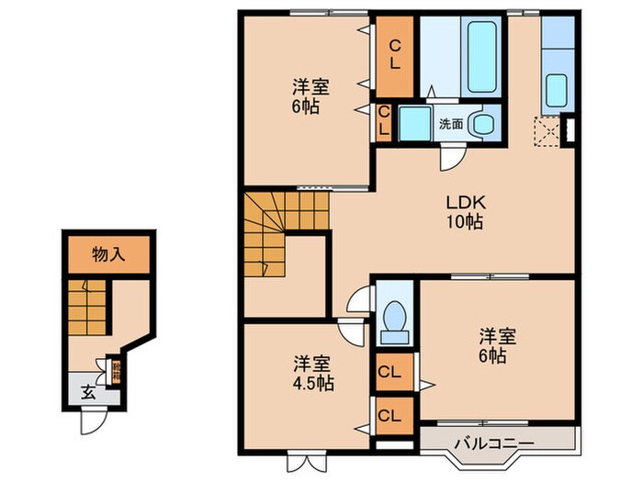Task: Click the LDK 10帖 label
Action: pyautogui.click(x=466, y=211)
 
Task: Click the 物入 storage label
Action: pyautogui.click(x=107, y=255)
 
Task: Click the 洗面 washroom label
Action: pyautogui.click(x=450, y=122)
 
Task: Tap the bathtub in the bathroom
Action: pyautogui.click(x=483, y=57)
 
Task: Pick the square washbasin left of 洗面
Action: pyautogui.click(x=414, y=123)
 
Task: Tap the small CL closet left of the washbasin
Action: pyautogui.click(x=385, y=121)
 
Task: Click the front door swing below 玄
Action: pyautogui.click(x=93, y=420)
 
